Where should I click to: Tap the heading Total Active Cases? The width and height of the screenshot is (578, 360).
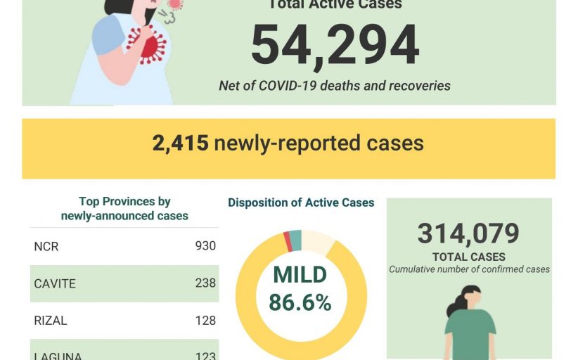coord(335,5)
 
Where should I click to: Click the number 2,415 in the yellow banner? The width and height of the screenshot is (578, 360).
coord(180,143)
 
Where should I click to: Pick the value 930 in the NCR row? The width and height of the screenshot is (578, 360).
coord(205,246)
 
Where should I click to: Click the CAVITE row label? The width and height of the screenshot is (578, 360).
coord(54,284)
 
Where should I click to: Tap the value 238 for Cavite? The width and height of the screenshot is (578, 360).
coord(205,283)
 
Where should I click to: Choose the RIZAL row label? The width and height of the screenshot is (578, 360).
coord(51,321)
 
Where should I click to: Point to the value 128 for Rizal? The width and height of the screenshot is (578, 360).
coord(205,321)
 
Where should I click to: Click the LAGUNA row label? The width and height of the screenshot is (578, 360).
coord(58,356)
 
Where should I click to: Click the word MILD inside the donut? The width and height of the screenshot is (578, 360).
coord(300,275)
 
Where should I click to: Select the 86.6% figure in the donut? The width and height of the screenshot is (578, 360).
coord(300,302)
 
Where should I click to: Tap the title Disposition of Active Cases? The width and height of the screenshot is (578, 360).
coord(301,202)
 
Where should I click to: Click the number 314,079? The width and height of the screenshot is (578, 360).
coord(468,233)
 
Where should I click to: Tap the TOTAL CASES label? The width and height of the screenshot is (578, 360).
coord(469,257)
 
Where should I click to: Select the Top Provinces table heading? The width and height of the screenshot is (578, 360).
coord(124,209)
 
